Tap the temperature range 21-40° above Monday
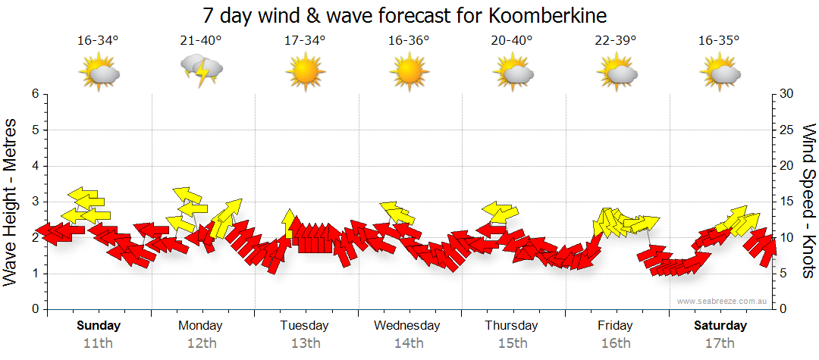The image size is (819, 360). [202, 41]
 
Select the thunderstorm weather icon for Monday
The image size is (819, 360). [202, 72]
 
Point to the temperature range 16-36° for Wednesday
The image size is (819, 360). [409, 41]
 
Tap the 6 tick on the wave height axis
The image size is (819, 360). [34, 94]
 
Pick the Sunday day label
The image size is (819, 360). [98, 326]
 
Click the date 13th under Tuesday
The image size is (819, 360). [305, 343]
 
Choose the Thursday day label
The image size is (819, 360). [512, 326]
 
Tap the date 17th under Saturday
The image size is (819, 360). [720, 343]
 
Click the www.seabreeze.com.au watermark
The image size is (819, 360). [722, 301]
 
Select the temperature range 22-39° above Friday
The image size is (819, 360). [616, 41]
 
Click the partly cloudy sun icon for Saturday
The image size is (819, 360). [720, 74]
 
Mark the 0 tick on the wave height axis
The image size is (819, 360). [34, 309]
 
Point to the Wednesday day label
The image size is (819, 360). [407, 326]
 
